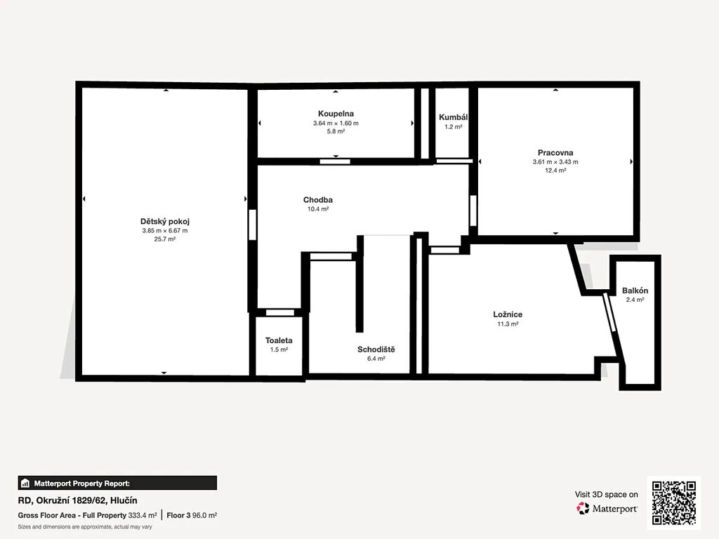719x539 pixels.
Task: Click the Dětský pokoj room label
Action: click(164, 221)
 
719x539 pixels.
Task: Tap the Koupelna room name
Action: click(336, 114)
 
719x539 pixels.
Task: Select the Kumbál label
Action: click(453, 117)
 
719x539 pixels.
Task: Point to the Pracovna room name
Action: click(555, 152)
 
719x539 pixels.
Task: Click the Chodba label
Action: click(318, 200)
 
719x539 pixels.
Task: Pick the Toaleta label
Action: click(279, 340)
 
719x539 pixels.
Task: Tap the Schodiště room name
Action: click(376, 350)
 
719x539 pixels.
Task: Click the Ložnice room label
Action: click(508, 314)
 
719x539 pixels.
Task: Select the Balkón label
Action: click(635, 291)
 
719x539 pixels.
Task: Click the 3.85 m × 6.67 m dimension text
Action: click(164, 230)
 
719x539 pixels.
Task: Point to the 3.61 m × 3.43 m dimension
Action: click(555, 162)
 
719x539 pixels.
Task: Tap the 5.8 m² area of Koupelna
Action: click(336, 131)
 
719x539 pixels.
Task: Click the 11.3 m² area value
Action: click(508, 324)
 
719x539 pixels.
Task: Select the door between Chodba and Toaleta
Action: click(280, 312)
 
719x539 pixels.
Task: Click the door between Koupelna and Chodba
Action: click(335, 161)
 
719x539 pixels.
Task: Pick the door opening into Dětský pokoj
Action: click(252, 225)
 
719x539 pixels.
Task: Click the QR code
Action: click(674, 503)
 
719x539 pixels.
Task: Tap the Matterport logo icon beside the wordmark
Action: click(583, 508)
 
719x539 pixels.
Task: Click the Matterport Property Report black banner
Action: click(117, 483)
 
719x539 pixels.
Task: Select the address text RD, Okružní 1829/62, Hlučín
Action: click(77, 500)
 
